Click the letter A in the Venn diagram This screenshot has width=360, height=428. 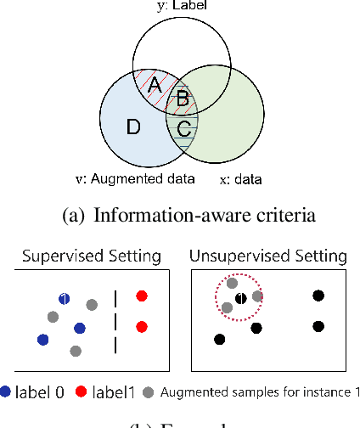point(154,86)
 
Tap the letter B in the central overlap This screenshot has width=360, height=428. point(181,99)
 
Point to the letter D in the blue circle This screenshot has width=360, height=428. point(133,128)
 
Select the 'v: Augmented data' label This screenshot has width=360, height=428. point(135,178)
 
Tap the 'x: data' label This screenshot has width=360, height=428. point(241,180)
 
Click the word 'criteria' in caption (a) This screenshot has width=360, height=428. point(285,215)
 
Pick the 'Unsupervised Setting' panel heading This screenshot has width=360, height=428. point(267,256)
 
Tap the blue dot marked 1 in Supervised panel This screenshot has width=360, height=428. point(64,298)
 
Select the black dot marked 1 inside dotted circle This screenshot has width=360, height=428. point(241,298)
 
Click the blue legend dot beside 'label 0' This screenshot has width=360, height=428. point(8,391)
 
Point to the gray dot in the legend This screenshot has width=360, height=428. point(149,391)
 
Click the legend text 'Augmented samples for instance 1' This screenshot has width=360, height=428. point(260,391)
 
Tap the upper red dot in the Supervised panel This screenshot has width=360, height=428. point(142,296)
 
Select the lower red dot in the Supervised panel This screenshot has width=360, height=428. point(142,326)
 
